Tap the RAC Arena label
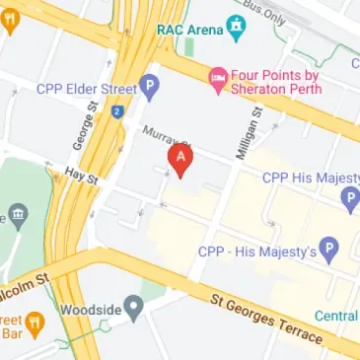tap(190, 29)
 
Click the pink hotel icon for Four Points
tap(217, 76)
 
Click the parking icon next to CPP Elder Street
tap(150, 89)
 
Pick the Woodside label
tap(91, 310)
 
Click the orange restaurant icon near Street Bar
tap(34, 321)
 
